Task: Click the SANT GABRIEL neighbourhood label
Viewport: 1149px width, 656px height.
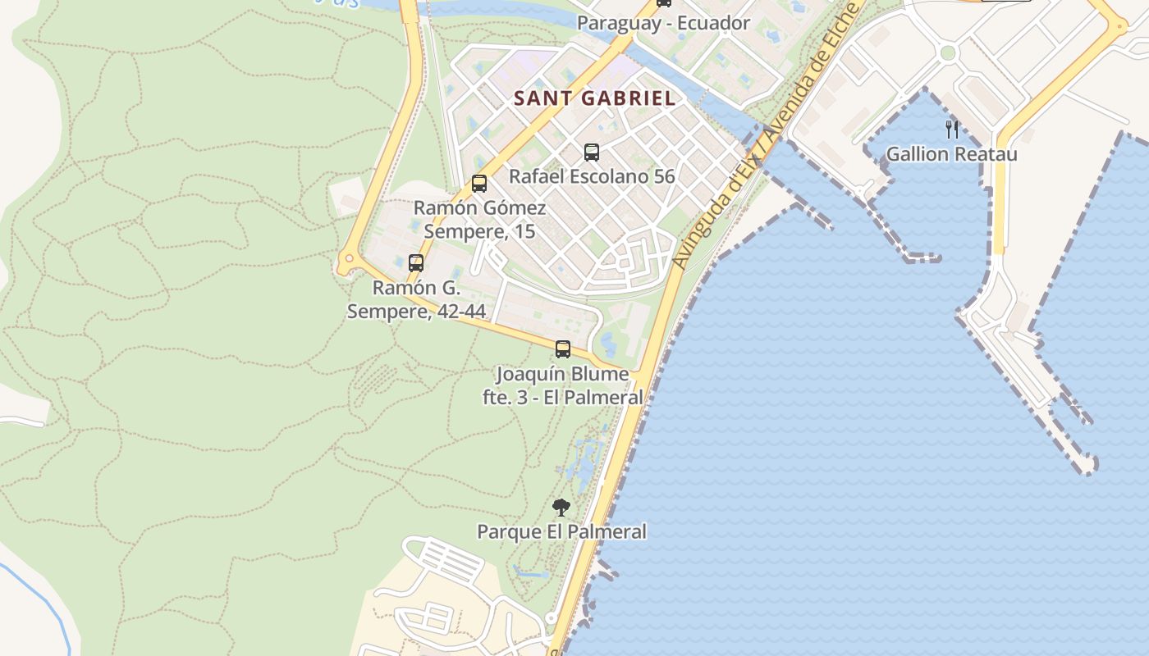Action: pos(594,98)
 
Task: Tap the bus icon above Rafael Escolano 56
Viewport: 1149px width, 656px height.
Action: pos(591,152)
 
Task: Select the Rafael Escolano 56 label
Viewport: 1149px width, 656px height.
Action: pos(592,176)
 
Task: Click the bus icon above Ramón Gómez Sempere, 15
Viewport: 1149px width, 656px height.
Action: pos(479,184)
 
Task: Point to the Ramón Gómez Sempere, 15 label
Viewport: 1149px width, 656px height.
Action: pos(479,220)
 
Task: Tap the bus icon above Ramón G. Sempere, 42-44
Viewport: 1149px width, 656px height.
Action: pos(416,263)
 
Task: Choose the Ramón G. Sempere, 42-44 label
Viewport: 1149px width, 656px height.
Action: pos(416,300)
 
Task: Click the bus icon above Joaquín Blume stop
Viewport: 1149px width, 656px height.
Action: pos(562,349)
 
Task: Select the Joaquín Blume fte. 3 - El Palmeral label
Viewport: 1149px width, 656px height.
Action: pos(562,385)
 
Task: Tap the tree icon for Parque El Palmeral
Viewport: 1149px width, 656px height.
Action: pos(561,507)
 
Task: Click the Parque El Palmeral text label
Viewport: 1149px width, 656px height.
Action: pos(561,532)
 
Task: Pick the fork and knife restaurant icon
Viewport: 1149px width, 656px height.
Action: pos(952,129)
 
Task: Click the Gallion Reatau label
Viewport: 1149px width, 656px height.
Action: pos(951,154)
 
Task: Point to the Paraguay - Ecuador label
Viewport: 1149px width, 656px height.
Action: pos(663,23)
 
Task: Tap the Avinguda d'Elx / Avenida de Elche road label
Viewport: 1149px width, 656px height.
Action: pos(763,135)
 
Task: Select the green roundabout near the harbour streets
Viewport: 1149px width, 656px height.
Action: pos(948,53)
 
